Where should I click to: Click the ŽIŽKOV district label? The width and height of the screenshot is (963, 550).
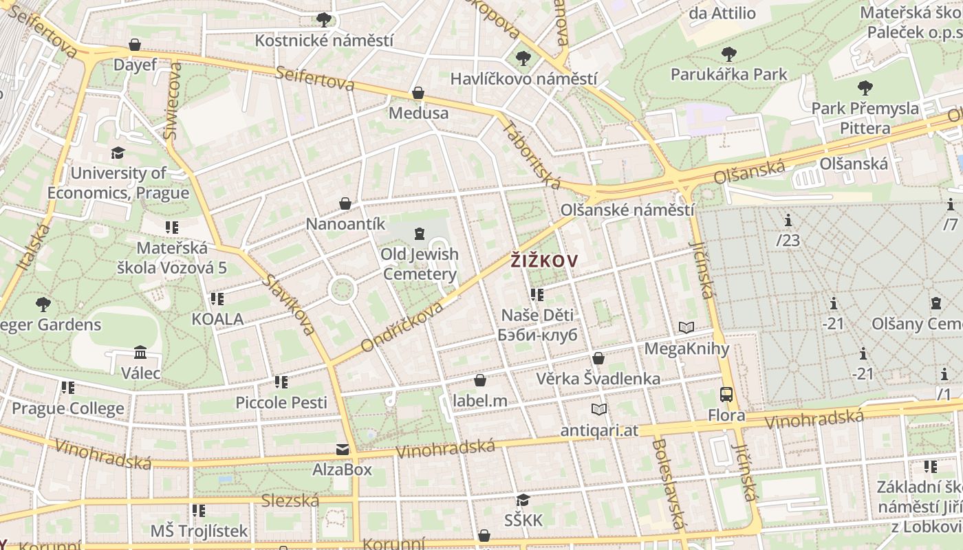(543, 261)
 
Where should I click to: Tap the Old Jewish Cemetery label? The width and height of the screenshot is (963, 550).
(420, 265)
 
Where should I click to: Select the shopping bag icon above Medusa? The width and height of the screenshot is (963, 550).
(418, 93)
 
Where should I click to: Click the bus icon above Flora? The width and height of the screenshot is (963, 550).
(726, 395)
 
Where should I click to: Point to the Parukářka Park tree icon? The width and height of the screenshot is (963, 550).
(728, 54)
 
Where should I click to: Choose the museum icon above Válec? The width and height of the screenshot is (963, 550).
(140, 353)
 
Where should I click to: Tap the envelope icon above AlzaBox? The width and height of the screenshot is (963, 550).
(343, 450)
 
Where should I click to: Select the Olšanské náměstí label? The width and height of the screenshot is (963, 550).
(627, 210)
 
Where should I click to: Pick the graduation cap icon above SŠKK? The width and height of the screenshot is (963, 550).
(523, 500)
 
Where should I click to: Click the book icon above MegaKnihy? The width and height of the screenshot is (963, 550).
(686, 328)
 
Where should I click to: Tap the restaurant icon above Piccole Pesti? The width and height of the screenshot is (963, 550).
(281, 382)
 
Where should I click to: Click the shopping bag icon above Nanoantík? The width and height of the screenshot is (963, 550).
(345, 203)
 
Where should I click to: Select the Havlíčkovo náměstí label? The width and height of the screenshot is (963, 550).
(523, 79)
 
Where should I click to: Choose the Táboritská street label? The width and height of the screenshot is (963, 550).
(531, 155)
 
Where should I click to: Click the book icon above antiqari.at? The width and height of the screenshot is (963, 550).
(599, 410)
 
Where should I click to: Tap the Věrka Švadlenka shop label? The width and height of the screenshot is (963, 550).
(598, 378)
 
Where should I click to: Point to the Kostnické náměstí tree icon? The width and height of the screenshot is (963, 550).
(324, 20)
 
